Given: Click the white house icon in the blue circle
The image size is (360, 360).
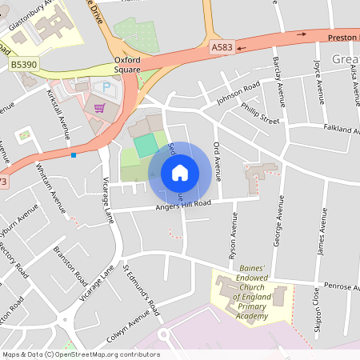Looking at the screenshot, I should click(180, 172).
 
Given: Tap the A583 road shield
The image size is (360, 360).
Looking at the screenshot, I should click(224, 48).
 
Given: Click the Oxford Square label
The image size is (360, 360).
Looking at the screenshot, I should click(127, 64).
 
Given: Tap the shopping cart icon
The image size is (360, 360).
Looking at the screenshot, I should click(100, 107).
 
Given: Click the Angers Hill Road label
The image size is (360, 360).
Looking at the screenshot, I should click(184, 206).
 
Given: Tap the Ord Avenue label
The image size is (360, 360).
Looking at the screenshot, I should click(217, 158).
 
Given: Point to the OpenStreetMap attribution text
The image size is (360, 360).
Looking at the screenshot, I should click(79, 354).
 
